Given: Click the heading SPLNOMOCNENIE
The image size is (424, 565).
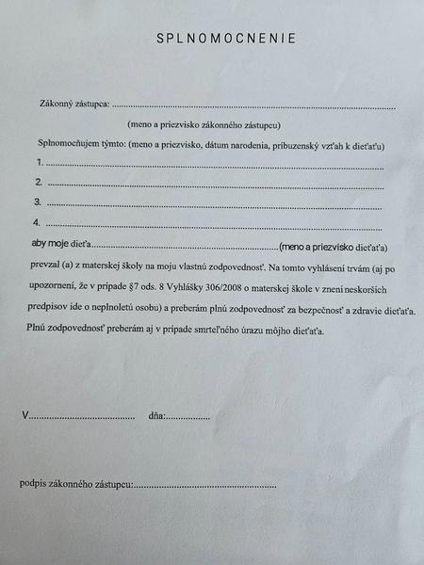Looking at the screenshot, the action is tap(225, 39).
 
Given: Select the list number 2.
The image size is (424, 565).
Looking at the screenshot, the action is tap(39, 182).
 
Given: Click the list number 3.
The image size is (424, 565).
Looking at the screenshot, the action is tap(38, 202).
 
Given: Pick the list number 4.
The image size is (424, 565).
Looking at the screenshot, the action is tap(37, 223).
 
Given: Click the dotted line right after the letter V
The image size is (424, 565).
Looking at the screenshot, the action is tap(82, 416).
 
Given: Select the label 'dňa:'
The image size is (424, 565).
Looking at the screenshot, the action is tap(156, 415).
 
